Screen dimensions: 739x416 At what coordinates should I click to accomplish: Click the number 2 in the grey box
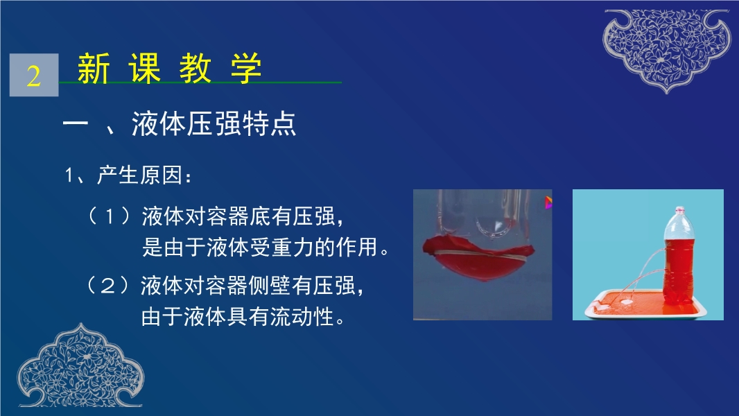coord(33,76)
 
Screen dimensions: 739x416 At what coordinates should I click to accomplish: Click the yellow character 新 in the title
coord(94,69)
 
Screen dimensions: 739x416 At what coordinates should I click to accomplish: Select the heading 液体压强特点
coord(214,124)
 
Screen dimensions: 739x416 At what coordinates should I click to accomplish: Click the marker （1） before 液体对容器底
coord(109,216)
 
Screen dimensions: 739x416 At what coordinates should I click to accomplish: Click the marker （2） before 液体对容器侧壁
coord(108,285)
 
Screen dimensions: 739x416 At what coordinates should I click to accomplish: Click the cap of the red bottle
coord(679,210)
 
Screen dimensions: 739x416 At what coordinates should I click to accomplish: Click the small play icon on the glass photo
coord(548,202)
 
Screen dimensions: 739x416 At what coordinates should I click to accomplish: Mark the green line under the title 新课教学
coord(200,83)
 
